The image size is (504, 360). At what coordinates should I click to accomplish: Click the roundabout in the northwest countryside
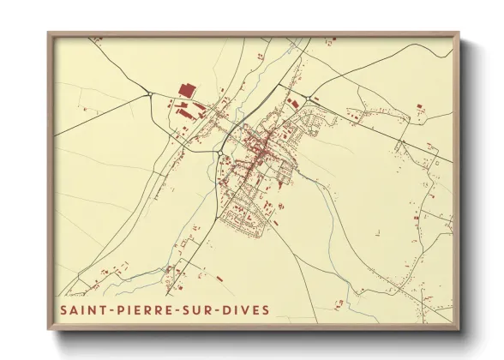(149, 94)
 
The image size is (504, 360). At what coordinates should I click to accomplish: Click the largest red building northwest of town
(185, 89)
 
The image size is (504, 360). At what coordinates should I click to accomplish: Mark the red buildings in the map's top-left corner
(97, 39)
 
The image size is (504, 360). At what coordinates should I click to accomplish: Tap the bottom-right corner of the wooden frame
(459, 329)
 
